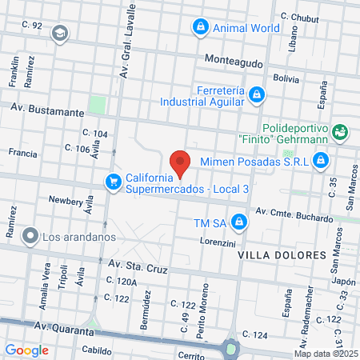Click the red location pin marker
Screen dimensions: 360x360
point(180,162)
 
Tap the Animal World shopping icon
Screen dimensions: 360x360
point(199,27)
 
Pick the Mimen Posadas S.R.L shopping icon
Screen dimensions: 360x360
point(320,161)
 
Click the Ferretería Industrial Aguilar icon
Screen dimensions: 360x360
point(256,95)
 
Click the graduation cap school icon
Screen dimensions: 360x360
point(58,33)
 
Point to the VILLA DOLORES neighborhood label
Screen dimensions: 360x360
point(283,254)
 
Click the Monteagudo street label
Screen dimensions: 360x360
point(234,60)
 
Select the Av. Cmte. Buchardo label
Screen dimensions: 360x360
point(294,214)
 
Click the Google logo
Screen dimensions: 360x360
point(27,350)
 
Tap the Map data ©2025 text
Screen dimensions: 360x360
point(325,354)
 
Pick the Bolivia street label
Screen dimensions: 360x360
point(286,78)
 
